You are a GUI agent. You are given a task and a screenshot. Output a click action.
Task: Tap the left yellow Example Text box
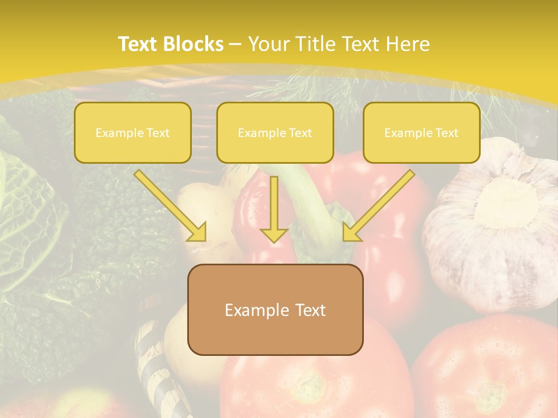(x=133, y=132)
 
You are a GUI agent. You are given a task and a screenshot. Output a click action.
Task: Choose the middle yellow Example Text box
(x=275, y=132)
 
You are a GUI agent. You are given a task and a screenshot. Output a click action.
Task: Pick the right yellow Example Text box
(x=421, y=132)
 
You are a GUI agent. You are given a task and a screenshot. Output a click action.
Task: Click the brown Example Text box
(x=276, y=310)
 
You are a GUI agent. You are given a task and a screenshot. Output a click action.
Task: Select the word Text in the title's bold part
(x=138, y=44)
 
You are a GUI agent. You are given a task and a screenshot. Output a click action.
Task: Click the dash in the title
(x=235, y=45)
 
